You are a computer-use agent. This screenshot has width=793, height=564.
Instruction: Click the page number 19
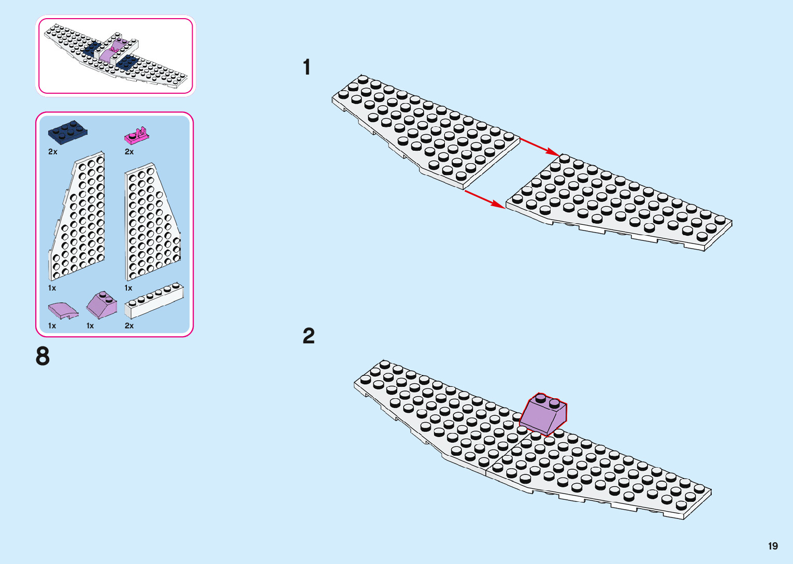pyautogui.click(x=773, y=546)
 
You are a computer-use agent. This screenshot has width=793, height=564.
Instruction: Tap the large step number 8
pyautogui.click(x=43, y=356)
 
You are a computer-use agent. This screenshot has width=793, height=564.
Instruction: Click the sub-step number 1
pyautogui.click(x=307, y=67)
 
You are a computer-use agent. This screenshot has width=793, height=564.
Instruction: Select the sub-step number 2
pyautogui.click(x=309, y=336)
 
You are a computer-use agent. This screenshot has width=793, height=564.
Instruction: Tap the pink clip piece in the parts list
pyautogui.click(x=137, y=136)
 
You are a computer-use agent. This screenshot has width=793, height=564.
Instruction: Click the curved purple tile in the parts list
pyautogui.click(x=63, y=310)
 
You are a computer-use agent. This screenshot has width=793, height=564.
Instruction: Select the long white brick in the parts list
pyautogui.click(x=154, y=300)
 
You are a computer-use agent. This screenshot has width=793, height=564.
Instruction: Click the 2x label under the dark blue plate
pyautogui.click(x=53, y=152)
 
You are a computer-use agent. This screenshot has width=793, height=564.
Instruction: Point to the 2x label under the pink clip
pyautogui.click(x=129, y=152)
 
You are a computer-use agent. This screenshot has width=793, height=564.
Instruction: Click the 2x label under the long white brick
pyautogui.click(x=129, y=326)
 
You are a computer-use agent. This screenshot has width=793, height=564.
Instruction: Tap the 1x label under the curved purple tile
pyautogui.click(x=52, y=326)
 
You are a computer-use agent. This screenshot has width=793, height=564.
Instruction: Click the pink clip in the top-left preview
pyautogui.click(x=114, y=50)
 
